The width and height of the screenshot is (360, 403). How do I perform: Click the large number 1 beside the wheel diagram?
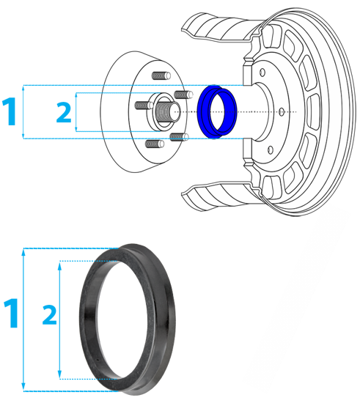coord(10,111)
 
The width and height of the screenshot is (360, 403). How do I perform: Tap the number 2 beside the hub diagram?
coord(64,112)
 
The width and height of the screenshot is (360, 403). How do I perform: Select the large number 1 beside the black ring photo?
coord(11,313)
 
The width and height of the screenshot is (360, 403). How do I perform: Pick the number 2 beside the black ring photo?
coord(49,315)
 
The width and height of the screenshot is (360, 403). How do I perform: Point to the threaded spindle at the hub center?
coord(168,112)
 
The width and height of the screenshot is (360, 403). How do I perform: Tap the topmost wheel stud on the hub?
coord(161,75)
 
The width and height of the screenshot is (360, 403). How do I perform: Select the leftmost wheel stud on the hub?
coord(144,105)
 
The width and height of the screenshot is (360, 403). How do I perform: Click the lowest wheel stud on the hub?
coord(155,144)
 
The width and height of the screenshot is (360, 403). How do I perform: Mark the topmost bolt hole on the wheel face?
coord(262,73)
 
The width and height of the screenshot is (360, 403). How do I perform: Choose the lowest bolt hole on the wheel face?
coord(271,149)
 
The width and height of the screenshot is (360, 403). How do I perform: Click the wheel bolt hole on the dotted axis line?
coord(282,112)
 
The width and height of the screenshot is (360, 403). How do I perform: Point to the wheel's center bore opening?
coord(262,112)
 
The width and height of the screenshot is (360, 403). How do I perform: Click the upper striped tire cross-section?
coord(221,28)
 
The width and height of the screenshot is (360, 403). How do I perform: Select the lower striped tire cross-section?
coord(221,196)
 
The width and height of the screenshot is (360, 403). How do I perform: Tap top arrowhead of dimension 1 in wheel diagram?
coord(23,89)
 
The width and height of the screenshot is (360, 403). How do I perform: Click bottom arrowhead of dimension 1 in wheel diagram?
coord(23,136)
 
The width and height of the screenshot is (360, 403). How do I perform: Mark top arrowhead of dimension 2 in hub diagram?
coord(76,95)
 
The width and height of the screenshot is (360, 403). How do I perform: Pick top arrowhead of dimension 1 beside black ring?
coord(23,253)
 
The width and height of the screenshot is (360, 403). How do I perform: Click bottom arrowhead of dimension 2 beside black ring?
coord(60,374)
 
